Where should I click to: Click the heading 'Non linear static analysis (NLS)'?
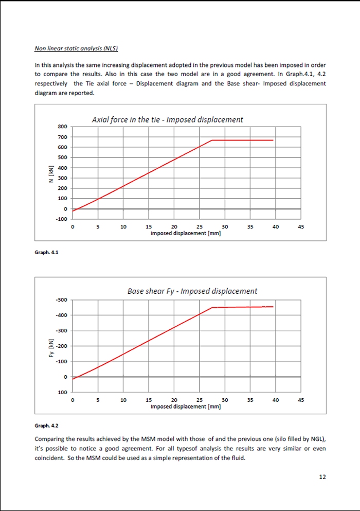tap(76, 49)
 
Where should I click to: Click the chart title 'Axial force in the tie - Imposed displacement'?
tap(167, 119)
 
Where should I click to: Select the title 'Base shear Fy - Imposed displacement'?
tap(192, 291)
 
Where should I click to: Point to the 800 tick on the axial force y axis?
tap(62, 127)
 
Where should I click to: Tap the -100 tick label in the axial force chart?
tap(61, 219)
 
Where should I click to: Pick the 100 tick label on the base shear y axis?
tap(63, 392)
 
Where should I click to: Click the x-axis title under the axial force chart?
tap(186, 233)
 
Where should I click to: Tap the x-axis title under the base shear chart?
tap(186, 407)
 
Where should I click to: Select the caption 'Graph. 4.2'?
tap(46, 426)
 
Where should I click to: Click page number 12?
tap(322, 477)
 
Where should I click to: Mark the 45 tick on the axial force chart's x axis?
tap(301, 226)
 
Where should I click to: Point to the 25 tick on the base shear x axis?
tap(200, 400)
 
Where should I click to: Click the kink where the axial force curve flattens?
tap(212, 140)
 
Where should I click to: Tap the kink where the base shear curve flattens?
tap(212, 308)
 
